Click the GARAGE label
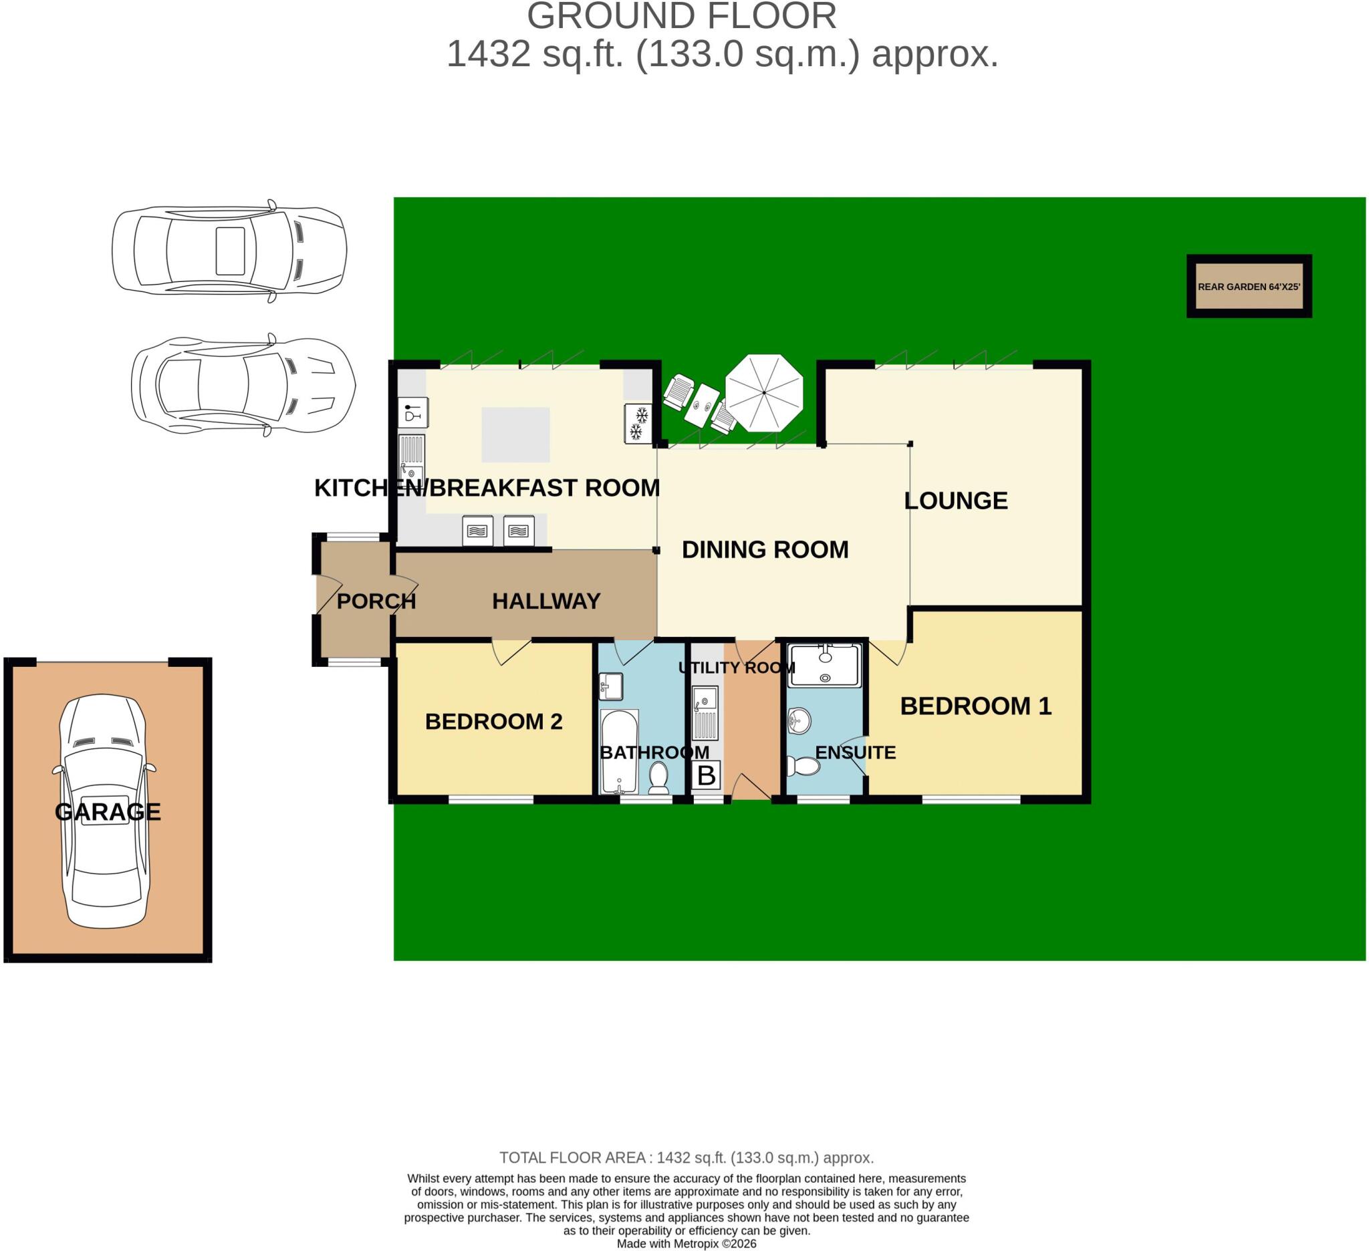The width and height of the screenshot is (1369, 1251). pos(108,811)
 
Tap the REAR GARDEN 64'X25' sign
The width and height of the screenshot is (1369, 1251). pos(1249,286)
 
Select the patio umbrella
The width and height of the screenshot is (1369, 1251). pos(764,392)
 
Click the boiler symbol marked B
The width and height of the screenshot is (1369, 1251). pos(707,775)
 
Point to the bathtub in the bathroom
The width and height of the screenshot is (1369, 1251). pos(619,751)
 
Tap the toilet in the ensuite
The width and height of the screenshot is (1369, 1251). pos(803,767)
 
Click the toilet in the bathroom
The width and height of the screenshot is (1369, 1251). pos(658,778)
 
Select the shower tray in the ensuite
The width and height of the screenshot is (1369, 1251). pos(825,664)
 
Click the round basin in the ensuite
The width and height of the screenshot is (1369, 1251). pos(800,721)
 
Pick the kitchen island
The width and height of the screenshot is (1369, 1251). pos(515,434)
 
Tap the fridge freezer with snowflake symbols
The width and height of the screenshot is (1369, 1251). pos(638,424)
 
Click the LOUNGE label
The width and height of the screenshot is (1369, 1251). pos(955,501)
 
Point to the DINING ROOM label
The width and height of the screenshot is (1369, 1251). pos(765,549)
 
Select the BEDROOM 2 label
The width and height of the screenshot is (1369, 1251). pos(494,721)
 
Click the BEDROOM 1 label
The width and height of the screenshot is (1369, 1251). pos(976,706)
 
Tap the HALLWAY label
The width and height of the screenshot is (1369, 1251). pos(546,601)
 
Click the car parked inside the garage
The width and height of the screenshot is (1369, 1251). pos(104,811)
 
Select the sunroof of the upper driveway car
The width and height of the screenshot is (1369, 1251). pos(230,251)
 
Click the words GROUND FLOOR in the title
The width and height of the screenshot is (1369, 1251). pos(682,15)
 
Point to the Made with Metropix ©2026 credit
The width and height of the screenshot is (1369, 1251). pos(686,1244)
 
